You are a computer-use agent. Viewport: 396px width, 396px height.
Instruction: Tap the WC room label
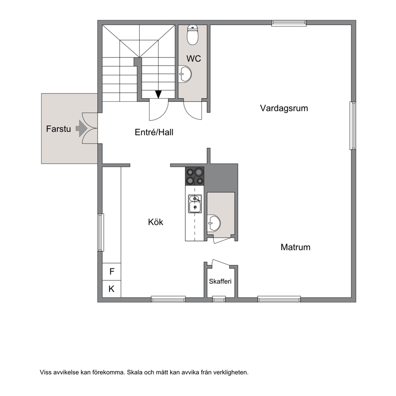click(194, 59)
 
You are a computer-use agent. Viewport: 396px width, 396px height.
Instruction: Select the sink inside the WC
click(185, 74)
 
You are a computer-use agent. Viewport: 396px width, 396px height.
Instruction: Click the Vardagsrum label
click(284, 108)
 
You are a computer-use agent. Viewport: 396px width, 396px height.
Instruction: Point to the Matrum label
click(295, 247)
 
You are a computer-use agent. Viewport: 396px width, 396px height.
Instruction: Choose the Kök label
click(156, 222)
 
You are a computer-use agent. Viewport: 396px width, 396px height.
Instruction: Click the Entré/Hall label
click(154, 132)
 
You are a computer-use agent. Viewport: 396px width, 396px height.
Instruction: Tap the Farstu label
click(58, 129)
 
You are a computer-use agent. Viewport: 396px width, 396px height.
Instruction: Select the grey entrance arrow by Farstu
click(81, 129)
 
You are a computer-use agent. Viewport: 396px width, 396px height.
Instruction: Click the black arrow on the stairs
click(158, 94)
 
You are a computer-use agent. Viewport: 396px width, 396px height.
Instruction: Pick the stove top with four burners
click(195, 176)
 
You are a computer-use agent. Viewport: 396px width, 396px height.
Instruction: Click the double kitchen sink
click(195, 204)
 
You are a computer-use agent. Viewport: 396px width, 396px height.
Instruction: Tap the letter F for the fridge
click(112, 271)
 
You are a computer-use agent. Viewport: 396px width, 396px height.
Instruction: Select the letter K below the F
click(111, 289)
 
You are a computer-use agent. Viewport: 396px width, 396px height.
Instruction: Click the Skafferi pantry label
click(220, 281)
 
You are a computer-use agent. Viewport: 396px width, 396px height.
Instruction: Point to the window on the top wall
click(289, 23)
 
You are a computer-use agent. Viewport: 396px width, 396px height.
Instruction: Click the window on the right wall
click(353, 125)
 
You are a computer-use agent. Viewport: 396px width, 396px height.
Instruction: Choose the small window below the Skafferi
click(219, 299)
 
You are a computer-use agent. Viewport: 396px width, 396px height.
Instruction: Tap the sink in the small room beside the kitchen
click(214, 223)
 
